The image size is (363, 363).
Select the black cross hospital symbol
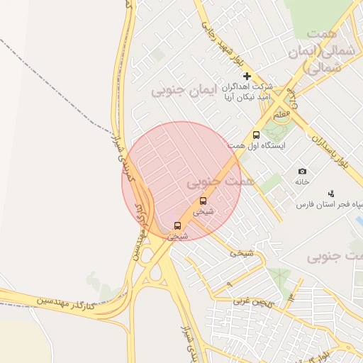tap(247, 76)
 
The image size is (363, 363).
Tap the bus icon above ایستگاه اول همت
tap(256, 135)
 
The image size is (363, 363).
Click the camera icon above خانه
tap(303, 172)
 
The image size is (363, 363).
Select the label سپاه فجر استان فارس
tap(330, 205)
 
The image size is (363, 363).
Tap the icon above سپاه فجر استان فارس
tap(330, 194)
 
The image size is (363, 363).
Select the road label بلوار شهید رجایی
tap(217, 29)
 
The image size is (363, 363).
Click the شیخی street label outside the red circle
tap(241, 252)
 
